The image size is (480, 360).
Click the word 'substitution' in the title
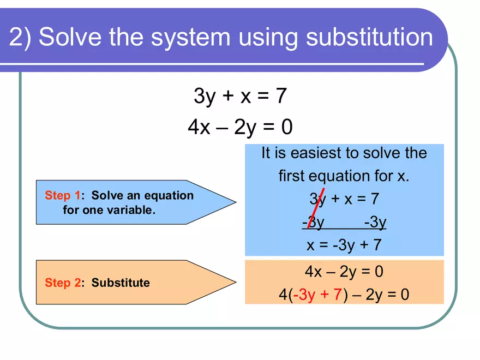pos(369,38)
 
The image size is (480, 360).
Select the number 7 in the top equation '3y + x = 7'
pos(281,97)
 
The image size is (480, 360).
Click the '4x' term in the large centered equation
pos(199,127)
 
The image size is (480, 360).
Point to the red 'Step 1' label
pos(63,195)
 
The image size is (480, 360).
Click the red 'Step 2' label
pos(63,283)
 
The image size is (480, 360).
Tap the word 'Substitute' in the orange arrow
pos(120,283)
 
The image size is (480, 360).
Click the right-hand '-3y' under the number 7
pos(375,222)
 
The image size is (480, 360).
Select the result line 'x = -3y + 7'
pos(344,245)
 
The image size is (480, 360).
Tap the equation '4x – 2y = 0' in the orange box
pos(344,272)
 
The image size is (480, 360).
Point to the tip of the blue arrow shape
pos(235,202)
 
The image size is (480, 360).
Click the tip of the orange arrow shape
pos(235,283)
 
